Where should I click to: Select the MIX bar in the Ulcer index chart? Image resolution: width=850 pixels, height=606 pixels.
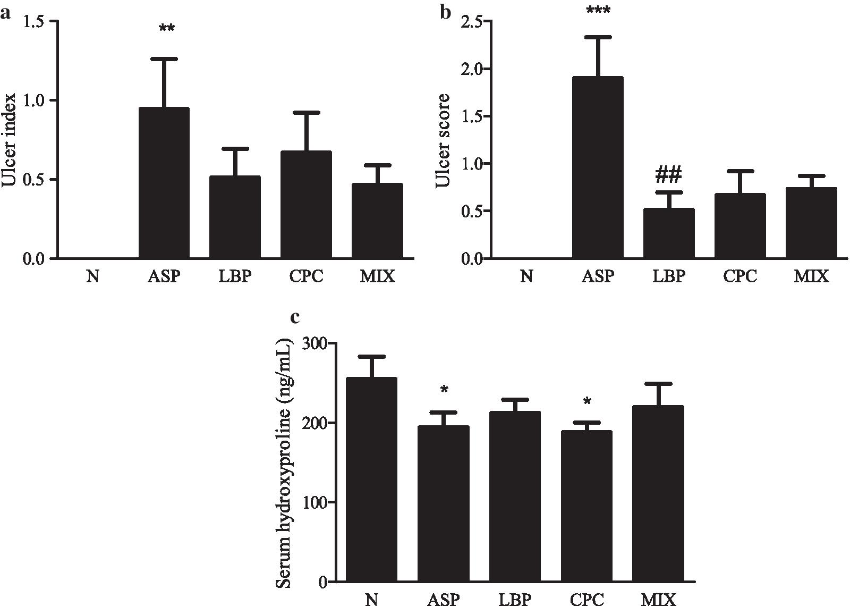[377, 221]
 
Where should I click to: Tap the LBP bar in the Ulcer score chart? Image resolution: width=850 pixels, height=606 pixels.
[669, 234]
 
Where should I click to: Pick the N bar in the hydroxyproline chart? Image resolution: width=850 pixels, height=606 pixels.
[371, 478]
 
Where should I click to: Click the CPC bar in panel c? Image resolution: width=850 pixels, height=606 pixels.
[586, 505]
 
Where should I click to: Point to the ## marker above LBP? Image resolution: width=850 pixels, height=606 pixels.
[669, 174]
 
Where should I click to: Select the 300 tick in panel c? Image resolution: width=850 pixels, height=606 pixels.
[316, 344]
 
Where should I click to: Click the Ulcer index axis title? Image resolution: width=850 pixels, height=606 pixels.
[10, 140]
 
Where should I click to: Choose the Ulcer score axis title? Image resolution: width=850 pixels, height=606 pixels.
[443, 140]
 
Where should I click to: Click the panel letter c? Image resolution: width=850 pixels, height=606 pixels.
[295, 317]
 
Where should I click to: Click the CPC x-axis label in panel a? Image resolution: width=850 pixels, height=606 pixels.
[307, 277]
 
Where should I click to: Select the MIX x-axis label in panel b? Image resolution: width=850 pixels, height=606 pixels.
[811, 277]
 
